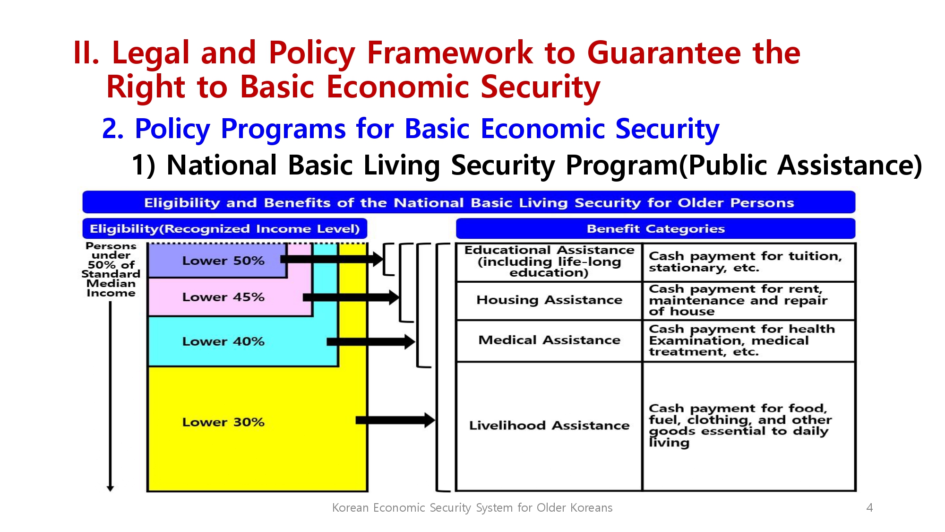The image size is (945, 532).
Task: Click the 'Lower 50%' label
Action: (x=223, y=261)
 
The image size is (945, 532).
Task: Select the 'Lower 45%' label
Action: (x=223, y=297)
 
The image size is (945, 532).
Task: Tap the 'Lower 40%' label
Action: (x=223, y=341)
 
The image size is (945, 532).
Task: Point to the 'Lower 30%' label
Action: (x=223, y=422)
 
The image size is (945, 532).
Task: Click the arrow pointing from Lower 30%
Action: (x=395, y=420)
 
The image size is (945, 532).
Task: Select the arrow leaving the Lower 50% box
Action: (x=332, y=259)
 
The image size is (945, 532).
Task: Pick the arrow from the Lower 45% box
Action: (x=351, y=297)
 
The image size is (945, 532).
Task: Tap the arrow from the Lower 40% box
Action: (x=371, y=341)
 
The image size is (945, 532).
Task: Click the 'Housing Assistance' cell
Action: (x=549, y=301)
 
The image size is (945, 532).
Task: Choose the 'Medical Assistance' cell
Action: (x=549, y=341)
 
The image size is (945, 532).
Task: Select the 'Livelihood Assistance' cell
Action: (x=549, y=426)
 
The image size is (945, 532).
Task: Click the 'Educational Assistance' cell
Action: (x=549, y=262)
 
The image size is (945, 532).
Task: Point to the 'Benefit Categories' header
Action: (x=655, y=228)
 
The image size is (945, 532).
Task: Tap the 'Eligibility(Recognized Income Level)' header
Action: (x=225, y=228)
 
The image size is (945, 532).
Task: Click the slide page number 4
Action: (x=869, y=507)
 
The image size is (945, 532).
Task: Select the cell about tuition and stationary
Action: (x=749, y=262)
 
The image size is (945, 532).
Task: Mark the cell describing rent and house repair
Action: (x=749, y=301)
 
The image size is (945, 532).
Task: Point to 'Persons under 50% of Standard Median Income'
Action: (x=111, y=270)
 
